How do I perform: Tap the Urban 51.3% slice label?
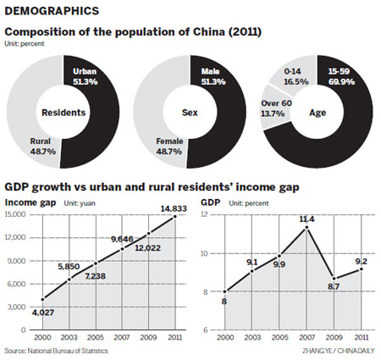pos(86,78)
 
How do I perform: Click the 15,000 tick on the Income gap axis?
pos(16,214)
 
